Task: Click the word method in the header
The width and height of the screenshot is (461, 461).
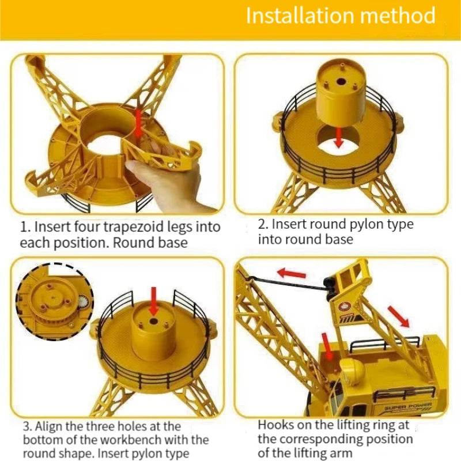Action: (398, 16)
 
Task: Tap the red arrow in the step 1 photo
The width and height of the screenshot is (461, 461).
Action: (139, 123)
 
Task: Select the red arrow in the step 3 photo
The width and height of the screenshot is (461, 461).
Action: (153, 301)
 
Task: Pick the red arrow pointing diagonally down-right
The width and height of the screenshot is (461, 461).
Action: (398, 316)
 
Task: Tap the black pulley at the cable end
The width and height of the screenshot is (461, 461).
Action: (330, 286)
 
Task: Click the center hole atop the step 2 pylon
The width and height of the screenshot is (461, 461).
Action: (341, 81)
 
